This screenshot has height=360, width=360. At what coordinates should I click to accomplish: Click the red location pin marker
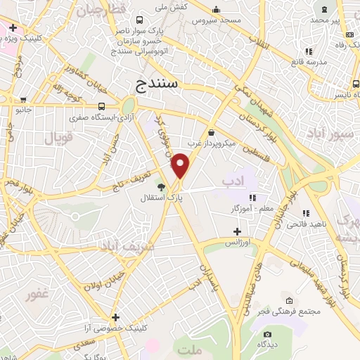(x=181, y=166)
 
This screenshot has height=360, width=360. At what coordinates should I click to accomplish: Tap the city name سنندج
(x=158, y=84)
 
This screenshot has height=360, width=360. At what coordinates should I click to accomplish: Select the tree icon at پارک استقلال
(x=162, y=187)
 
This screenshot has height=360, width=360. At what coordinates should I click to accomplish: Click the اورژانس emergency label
(x=238, y=241)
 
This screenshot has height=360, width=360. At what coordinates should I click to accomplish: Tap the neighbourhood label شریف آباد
(x=120, y=247)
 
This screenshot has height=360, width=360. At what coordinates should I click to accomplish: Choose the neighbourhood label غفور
(x=39, y=294)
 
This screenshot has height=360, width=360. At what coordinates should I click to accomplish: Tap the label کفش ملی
(x=170, y=6)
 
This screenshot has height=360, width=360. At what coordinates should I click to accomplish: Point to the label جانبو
(x=25, y=110)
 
